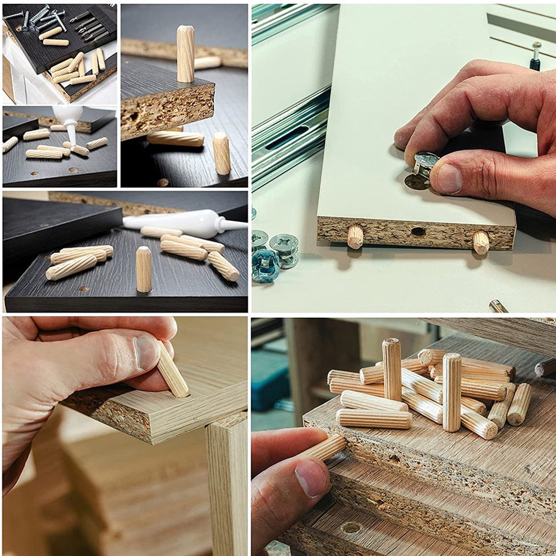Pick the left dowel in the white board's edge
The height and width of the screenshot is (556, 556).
point(355,236)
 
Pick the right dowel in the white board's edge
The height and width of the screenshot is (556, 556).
point(481,242)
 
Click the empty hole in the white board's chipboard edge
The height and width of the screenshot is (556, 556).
point(418,231)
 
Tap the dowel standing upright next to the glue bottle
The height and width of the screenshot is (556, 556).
point(144,268)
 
